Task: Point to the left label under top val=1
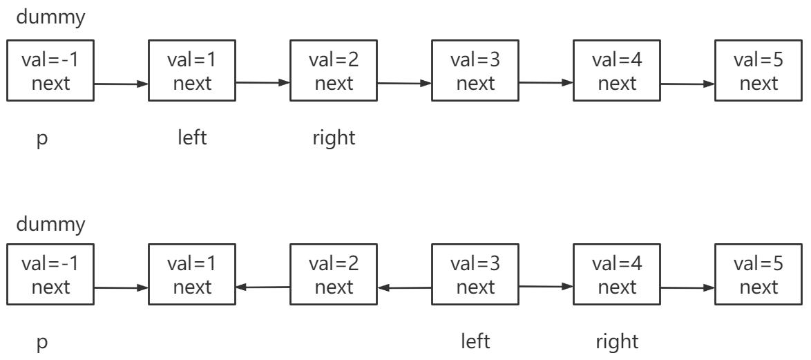coord(192,138)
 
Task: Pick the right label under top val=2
coord(334,138)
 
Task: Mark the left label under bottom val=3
coord(475,341)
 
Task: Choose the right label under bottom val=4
coord(617,341)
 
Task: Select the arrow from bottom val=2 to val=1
coord(263,287)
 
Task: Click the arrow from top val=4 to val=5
coord(687,84)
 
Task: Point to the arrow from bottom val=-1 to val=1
coord(121,287)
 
